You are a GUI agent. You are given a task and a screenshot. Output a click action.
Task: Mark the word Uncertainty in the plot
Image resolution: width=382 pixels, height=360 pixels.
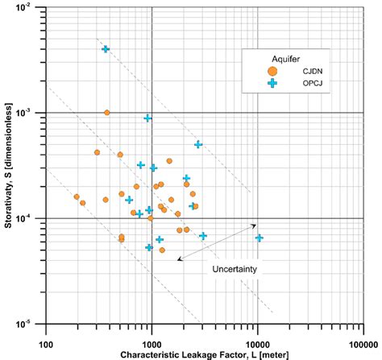click(235, 268)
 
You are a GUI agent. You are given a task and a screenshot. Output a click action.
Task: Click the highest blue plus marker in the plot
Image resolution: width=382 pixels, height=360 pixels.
click(106, 49)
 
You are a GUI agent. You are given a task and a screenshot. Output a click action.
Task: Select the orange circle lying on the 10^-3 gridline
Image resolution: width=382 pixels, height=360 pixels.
click(107, 113)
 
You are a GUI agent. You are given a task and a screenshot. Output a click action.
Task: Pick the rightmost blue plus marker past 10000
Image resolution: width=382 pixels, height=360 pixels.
click(260, 238)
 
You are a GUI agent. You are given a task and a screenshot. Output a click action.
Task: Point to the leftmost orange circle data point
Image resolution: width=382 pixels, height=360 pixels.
click(77, 197)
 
